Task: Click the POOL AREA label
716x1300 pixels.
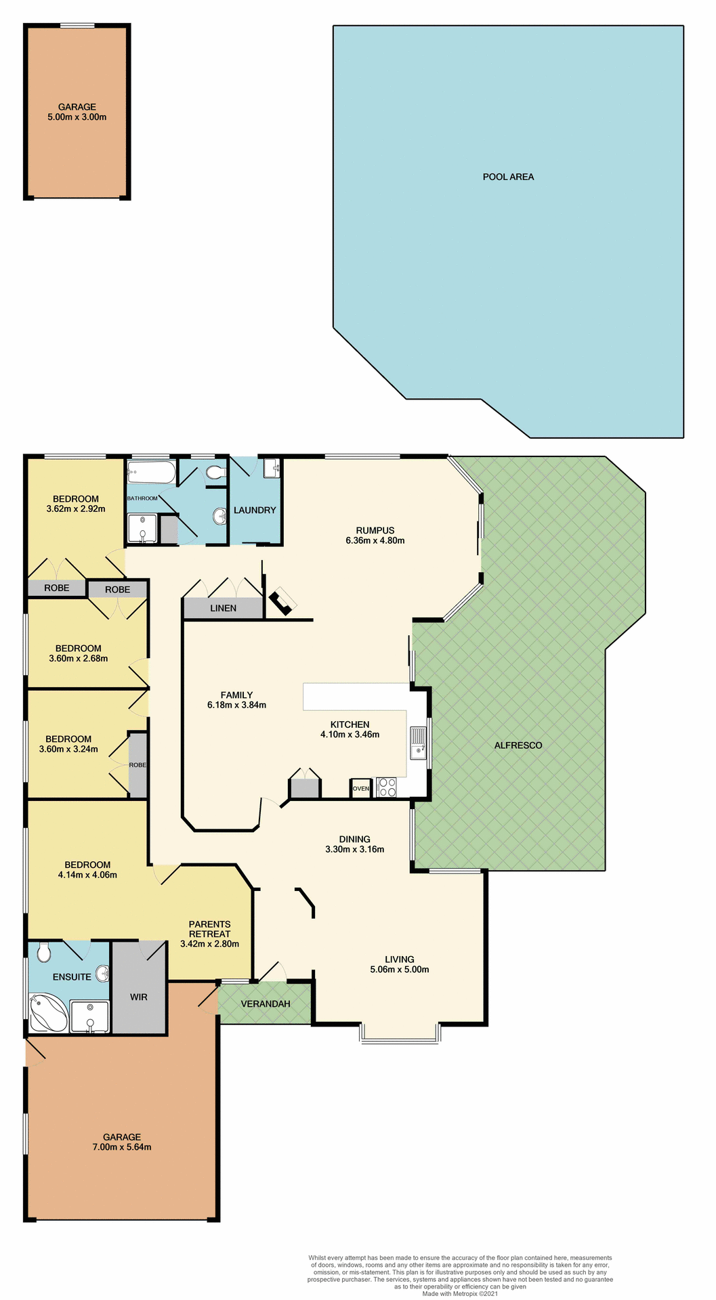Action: tap(508, 177)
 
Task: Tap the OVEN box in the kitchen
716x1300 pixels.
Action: tap(361, 789)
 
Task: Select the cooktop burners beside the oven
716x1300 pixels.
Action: tap(387, 787)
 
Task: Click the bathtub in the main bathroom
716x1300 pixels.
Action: tap(151, 471)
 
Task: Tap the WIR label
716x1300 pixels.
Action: tap(138, 997)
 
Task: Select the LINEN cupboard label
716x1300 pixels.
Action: tap(223, 608)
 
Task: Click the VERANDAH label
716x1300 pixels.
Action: tap(266, 1003)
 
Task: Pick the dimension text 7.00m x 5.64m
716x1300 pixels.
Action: tap(122, 1147)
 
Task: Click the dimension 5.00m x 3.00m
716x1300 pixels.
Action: tap(77, 117)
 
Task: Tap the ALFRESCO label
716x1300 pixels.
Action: tap(518, 745)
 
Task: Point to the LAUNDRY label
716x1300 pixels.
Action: tap(255, 510)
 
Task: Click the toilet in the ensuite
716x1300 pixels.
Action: tap(44, 953)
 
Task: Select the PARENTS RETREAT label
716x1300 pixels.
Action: tap(209, 929)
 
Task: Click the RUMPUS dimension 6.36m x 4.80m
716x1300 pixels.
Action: tap(375, 540)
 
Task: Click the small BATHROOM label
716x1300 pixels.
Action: tap(142, 498)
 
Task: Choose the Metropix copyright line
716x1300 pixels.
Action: tap(460, 1293)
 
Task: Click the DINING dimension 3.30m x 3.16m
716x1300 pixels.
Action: tap(354, 849)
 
